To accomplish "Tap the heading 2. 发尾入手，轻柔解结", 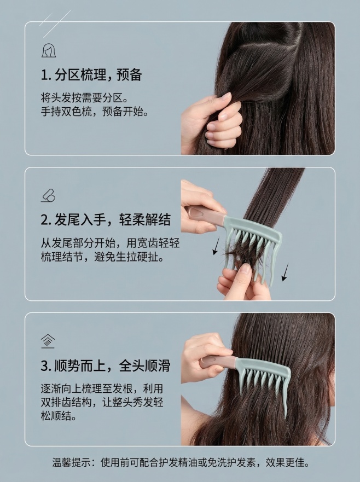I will (x=106, y=220).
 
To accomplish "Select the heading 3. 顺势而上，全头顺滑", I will (x=106, y=365).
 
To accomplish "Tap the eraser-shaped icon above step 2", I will (x=48, y=195).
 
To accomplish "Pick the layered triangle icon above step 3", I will (x=48, y=341).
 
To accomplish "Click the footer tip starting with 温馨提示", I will (x=180, y=462).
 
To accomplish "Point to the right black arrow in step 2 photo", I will (x=285, y=271).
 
